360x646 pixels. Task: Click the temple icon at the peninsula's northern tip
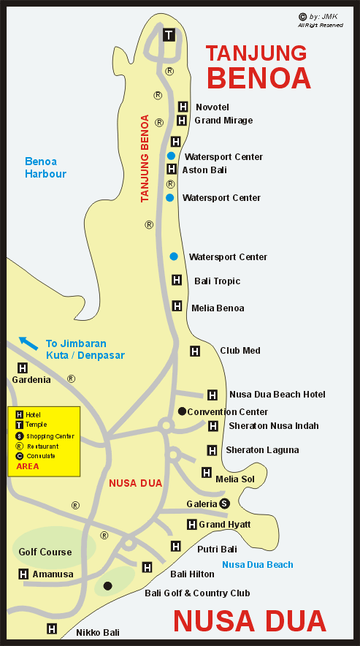point(169,34)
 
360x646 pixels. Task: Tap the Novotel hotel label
point(212,107)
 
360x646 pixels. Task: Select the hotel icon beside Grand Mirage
point(182,120)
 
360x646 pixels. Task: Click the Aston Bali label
point(204,170)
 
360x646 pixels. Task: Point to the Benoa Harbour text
point(45,167)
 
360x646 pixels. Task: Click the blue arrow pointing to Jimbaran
point(28,341)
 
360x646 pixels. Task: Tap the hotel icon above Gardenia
point(23,368)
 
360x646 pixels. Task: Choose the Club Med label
point(240,351)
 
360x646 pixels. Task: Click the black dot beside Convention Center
point(182,411)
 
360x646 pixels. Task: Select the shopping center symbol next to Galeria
point(225,503)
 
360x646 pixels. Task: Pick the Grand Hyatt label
point(225,525)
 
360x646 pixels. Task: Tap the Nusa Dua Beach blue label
point(258,564)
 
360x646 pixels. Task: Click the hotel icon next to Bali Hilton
point(148,567)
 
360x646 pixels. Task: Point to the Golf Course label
point(45,552)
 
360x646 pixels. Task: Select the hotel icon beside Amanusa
point(23,574)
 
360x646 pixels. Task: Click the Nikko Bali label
point(98,632)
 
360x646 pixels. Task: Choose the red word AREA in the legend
point(28,465)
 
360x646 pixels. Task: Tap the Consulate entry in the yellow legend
point(40,455)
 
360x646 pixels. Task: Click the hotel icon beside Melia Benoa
point(177,306)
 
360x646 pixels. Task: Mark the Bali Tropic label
point(217,281)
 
